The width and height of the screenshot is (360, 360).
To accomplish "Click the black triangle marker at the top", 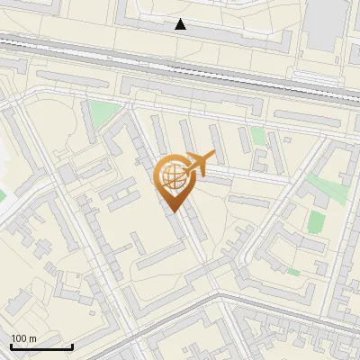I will point(181,24).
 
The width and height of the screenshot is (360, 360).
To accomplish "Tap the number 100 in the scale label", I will point(20,338).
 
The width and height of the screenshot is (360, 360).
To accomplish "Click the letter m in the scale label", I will point(33,338).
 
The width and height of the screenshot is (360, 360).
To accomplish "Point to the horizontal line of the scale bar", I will point(41,347).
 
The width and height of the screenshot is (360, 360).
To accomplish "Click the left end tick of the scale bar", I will point(11,346).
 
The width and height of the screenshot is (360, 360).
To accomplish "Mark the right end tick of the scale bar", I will point(72,346).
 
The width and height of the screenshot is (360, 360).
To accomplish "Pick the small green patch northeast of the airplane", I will point(258,136).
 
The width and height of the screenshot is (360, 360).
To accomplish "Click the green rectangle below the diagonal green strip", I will point(315,221).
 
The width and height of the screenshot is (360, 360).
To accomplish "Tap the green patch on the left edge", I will point(2,193).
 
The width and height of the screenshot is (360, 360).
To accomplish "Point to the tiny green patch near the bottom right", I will point(292,271).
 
